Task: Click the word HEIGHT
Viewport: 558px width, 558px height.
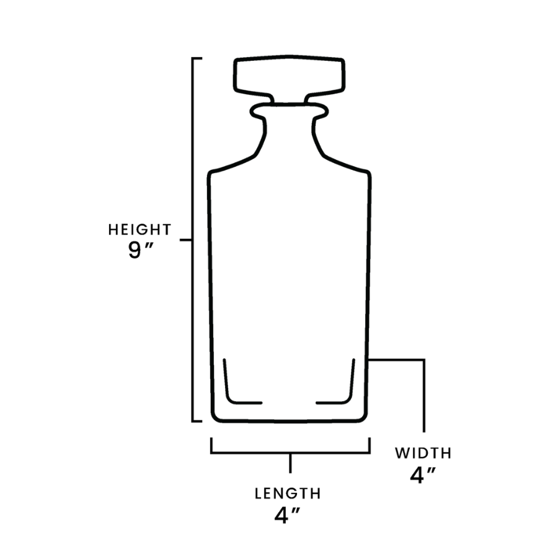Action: point(140,229)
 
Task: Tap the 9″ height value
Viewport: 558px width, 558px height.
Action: point(140,250)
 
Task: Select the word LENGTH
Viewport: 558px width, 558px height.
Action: point(288,494)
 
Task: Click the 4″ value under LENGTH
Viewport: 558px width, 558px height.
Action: point(287,515)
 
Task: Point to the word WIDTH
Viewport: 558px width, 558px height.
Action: point(423,453)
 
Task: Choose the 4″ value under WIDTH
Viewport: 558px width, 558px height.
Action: point(423,475)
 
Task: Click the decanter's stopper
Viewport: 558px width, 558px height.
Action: point(289,79)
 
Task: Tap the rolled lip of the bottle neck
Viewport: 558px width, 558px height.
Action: point(289,110)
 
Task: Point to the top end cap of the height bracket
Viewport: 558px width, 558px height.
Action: point(197,58)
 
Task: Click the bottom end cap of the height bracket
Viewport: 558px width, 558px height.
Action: point(197,422)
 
